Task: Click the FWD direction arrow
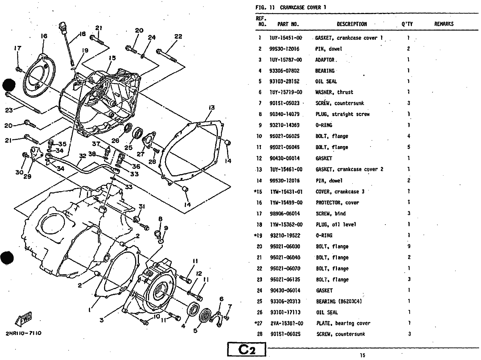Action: [x=24, y=319]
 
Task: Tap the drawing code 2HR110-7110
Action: [x=24, y=333]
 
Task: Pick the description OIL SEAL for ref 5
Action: [x=326, y=82]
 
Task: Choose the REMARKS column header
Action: [x=443, y=24]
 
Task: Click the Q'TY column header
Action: [x=407, y=24]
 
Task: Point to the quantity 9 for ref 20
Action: [x=408, y=247]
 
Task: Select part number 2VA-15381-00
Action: [x=287, y=324]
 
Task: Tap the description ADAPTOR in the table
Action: [x=325, y=60]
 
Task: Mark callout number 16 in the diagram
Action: [x=44, y=36]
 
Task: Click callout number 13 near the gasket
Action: [x=211, y=108]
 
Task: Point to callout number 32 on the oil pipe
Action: [x=82, y=156]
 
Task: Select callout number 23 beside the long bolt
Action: [x=9, y=110]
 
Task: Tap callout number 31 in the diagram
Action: [x=142, y=206]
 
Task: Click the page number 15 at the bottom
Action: [x=362, y=355]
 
